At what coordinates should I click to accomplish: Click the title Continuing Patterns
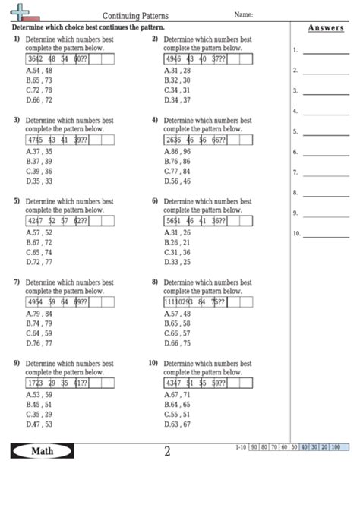tap(136, 15)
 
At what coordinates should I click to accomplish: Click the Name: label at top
tap(243, 14)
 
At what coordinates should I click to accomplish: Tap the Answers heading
tap(325, 28)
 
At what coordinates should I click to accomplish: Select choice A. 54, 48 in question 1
tap(39, 70)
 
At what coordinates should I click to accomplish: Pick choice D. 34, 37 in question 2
tap(177, 99)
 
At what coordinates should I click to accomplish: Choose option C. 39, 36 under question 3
tap(39, 171)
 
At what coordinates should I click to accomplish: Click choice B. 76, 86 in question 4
tap(177, 161)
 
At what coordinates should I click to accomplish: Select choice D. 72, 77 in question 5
tap(39, 262)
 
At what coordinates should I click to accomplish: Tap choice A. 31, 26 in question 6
tap(177, 232)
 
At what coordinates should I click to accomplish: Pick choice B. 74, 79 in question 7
tap(39, 323)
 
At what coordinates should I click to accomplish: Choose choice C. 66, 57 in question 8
tap(177, 333)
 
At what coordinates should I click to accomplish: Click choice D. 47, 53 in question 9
tap(39, 424)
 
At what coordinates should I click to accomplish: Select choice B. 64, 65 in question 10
tap(177, 404)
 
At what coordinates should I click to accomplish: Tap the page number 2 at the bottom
tap(167, 452)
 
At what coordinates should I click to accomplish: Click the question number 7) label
tap(16, 282)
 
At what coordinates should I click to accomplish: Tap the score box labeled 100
tap(335, 447)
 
